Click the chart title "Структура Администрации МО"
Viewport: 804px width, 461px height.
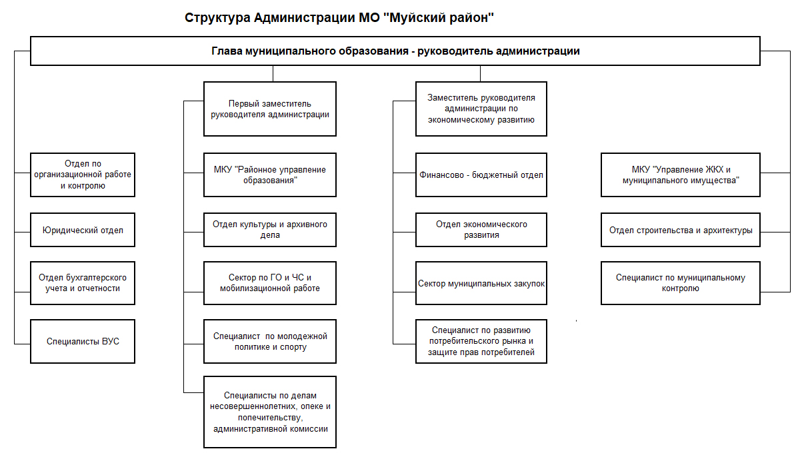pos(282,17)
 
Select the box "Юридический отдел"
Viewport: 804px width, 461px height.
pos(83,230)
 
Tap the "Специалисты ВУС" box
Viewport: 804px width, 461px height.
pos(83,342)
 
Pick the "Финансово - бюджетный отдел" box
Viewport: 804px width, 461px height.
pos(481,175)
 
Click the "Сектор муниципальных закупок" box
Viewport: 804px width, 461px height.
pos(481,283)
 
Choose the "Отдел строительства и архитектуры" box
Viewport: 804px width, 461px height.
pos(681,230)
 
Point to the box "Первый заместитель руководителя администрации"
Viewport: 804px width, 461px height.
pos(270,109)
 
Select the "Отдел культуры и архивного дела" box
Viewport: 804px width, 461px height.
pos(270,230)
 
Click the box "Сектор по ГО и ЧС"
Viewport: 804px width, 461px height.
pos(270,283)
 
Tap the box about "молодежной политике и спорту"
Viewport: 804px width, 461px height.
pos(270,342)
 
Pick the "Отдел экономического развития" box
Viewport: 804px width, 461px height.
pos(481,230)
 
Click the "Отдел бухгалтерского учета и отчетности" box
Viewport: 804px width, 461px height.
pos(83,283)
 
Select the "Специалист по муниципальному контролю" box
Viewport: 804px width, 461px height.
pos(681,283)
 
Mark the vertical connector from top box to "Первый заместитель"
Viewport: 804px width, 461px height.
pos(273,73)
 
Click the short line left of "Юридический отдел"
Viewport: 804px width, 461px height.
pos(22,232)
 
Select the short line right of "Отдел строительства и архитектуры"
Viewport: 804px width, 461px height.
pos(775,232)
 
